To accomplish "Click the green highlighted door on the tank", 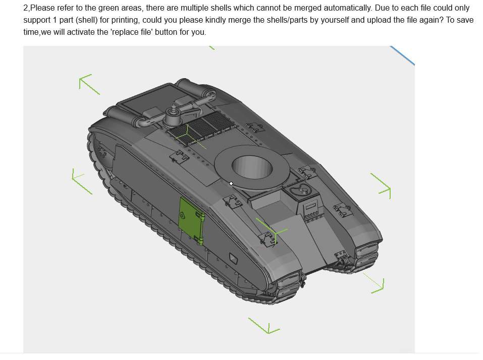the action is pyautogui.click(x=191, y=220).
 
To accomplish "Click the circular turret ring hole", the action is pyautogui.click(x=252, y=166).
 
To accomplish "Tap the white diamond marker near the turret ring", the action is pyautogui.click(x=231, y=184).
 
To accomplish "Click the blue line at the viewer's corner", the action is pyautogui.click(x=402, y=55).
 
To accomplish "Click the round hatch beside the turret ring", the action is pyautogui.click(x=300, y=191).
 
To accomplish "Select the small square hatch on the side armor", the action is pyautogui.click(x=234, y=259).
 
